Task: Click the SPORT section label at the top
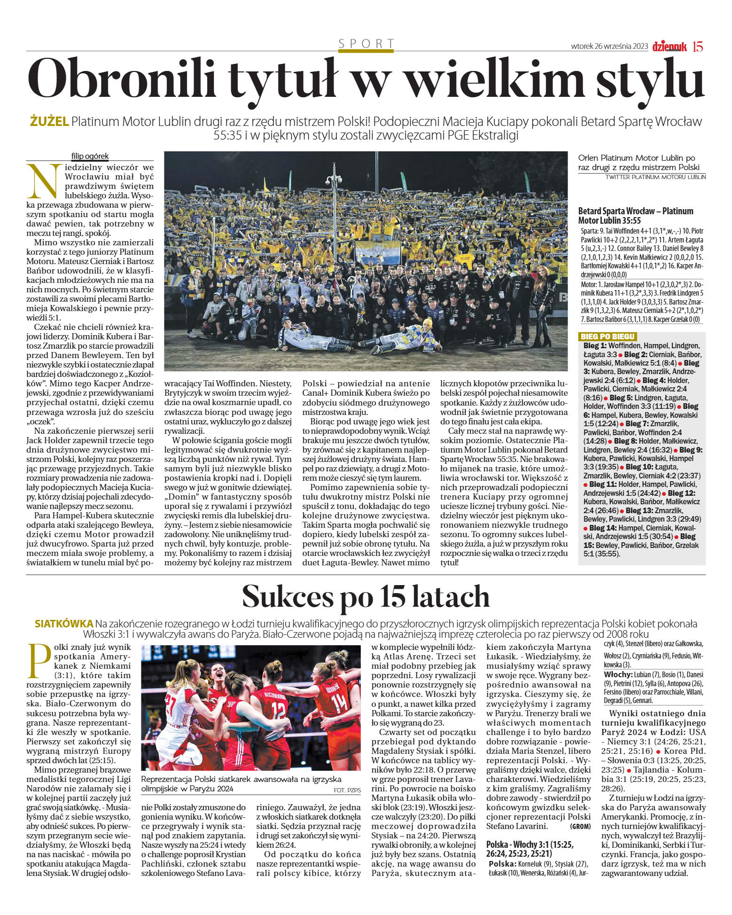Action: (x=366, y=44)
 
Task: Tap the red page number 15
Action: (x=698, y=47)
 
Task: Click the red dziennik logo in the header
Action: (x=669, y=47)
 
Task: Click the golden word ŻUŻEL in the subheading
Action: (x=49, y=122)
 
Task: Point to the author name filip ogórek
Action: (x=90, y=156)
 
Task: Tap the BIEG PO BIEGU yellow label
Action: (x=607, y=336)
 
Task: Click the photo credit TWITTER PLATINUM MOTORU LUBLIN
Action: (x=655, y=177)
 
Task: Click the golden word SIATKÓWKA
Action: (x=64, y=624)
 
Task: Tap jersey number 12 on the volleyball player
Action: (x=278, y=708)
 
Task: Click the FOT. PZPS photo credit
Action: (x=347, y=790)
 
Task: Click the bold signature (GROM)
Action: (x=580, y=826)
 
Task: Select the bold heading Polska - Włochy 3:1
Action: (x=530, y=844)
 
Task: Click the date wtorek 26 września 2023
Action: (x=609, y=47)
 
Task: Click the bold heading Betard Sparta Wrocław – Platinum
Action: (x=635, y=211)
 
